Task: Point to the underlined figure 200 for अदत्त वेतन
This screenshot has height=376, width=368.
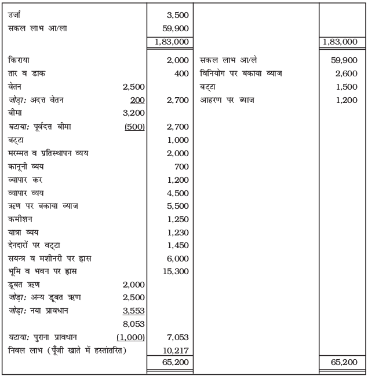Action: click(137, 100)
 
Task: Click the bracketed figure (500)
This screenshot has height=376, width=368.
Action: click(134, 127)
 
